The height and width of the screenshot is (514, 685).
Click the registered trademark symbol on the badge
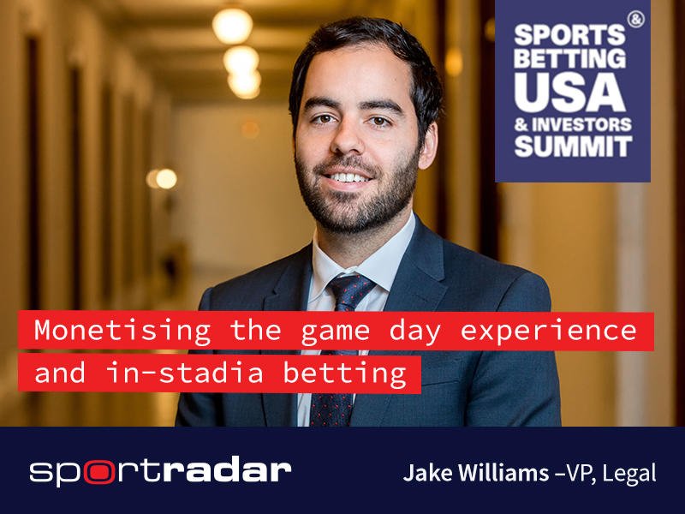pos(635,19)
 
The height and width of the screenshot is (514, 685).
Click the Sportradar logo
pos(160,470)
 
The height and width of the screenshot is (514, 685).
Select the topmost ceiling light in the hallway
pos(232,25)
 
